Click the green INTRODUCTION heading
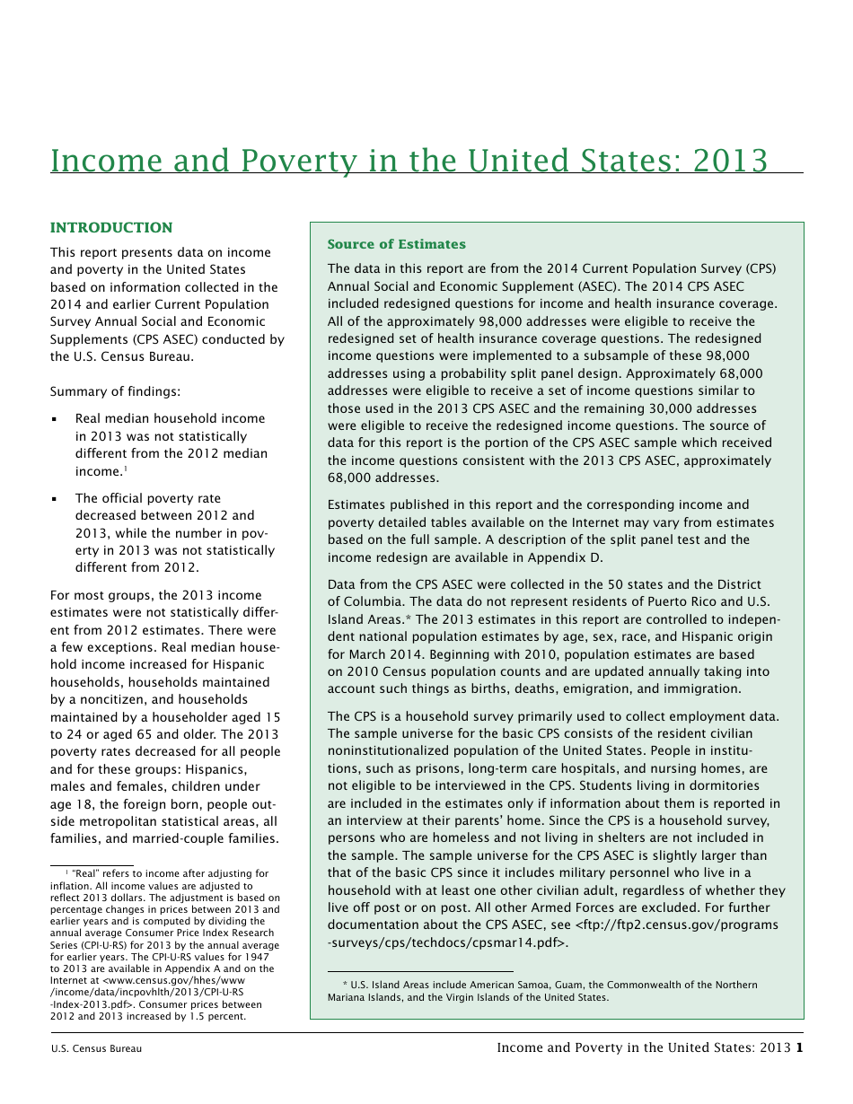click(111, 228)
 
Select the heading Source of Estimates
click(396, 244)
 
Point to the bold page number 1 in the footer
click(799, 1047)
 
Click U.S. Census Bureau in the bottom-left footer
click(96, 1048)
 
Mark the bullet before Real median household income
click(55, 419)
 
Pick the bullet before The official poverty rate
click(55, 499)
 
